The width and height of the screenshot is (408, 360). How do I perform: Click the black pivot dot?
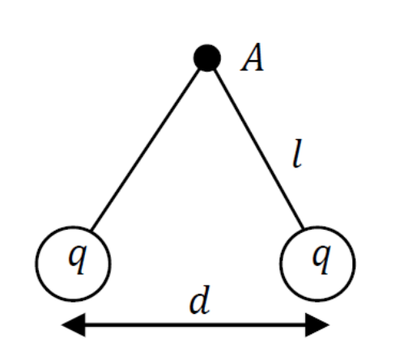pos(207,57)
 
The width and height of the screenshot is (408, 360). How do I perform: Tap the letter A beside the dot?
pos(253,57)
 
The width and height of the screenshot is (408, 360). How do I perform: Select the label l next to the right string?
pos(297,154)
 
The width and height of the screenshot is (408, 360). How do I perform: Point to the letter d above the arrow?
pos(200,300)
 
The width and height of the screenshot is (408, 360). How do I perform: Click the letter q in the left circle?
pos(78,259)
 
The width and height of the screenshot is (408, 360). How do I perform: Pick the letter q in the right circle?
pos(321,259)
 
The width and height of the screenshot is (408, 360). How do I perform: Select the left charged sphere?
pos(73,264)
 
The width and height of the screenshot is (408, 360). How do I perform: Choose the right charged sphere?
pos(317,264)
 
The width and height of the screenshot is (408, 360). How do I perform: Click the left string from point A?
pos(146,149)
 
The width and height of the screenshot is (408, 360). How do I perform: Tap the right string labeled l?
pos(258,149)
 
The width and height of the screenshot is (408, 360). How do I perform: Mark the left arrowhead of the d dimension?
pos(74,324)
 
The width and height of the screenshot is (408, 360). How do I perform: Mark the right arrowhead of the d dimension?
pos(317,324)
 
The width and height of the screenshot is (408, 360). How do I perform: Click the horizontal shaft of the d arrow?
pos(195,324)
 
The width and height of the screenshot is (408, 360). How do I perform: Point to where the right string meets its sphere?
pos(303,229)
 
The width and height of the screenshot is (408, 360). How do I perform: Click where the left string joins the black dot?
pos(200,69)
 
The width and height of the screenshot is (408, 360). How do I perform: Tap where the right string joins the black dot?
pos(215,70)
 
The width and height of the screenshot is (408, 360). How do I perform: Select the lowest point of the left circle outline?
pos(73,300)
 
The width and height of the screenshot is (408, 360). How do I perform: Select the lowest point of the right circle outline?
pos(317,300)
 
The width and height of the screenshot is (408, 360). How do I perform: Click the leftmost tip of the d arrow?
pos(62,324)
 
